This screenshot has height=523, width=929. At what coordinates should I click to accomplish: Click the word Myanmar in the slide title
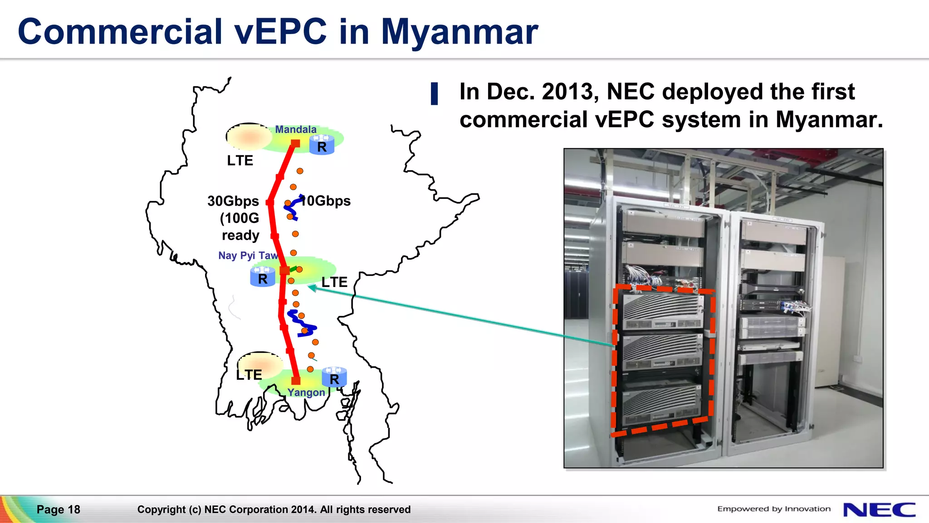point(459,32)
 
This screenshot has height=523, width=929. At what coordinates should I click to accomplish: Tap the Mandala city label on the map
point(296,129)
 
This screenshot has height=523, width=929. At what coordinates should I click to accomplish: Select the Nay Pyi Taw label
point(248,256)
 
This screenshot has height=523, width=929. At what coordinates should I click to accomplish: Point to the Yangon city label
point(306,393)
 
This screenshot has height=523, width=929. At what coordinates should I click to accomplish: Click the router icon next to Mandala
point(322,145)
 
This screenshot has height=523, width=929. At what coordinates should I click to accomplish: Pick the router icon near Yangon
point(334,377)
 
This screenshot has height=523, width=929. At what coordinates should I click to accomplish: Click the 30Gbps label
point(233,201)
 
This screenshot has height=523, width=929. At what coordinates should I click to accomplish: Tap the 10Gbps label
point(327,201)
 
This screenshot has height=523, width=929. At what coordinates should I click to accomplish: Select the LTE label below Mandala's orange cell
point(240,161)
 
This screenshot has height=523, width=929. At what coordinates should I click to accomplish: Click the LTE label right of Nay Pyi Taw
point(334,282)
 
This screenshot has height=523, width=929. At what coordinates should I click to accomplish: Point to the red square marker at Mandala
point(295,143)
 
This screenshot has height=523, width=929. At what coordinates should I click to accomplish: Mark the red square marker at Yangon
point(296,380)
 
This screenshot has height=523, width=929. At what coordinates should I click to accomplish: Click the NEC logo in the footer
point(879,509)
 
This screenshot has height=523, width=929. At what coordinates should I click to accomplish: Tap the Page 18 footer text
point(59,509)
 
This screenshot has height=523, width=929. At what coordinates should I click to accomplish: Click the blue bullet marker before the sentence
point(434,94)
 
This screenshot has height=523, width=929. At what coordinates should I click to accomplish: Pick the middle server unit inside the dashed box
point(662,352)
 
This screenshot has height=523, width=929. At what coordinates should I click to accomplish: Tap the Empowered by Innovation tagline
point(774,509)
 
